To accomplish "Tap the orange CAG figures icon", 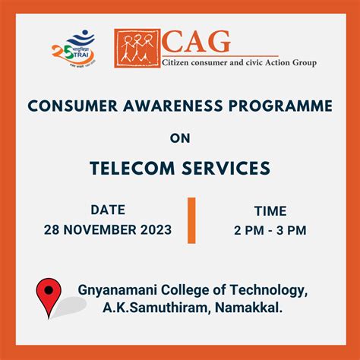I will [137, 49].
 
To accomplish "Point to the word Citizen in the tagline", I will [179, 62].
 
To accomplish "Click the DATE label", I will [108, 209].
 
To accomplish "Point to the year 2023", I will [154, 229].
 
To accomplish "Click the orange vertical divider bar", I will [191, 220].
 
